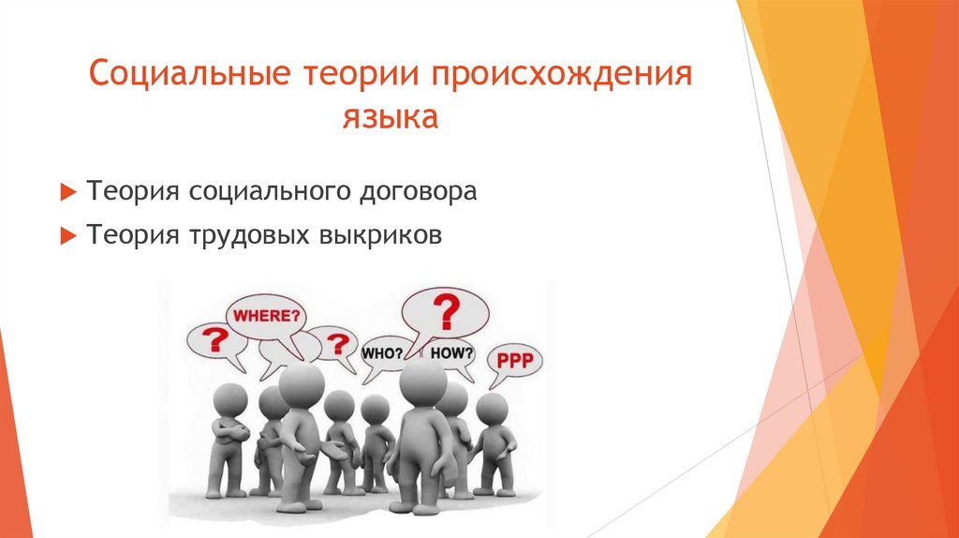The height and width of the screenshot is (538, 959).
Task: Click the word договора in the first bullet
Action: coord(420,191)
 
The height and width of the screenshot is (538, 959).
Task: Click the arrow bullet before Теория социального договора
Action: coord(66,192)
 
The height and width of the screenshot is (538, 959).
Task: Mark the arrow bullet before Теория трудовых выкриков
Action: coord(66,236)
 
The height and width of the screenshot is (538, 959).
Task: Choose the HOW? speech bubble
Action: coord(452,353)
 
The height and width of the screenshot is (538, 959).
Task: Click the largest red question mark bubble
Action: coord(445,309)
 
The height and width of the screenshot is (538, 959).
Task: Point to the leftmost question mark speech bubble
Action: coord(217,340)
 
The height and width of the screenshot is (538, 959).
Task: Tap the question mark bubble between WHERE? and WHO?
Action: coord(332,342)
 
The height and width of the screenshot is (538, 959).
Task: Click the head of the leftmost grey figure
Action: coord(229,399)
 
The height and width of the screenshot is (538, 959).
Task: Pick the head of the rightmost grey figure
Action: coord(492,408)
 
